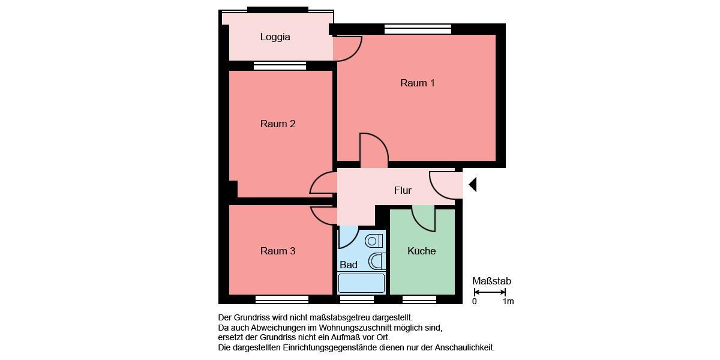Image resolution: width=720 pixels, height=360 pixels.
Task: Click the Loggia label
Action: point(275,37)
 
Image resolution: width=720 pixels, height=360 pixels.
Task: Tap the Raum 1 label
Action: point(417,83)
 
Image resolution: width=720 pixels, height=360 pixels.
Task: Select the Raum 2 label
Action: point(277,124)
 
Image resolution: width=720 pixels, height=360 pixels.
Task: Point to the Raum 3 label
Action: point(277,251)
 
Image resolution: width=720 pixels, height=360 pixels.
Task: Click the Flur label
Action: point(403,190)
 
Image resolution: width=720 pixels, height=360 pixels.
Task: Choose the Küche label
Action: point(421,251)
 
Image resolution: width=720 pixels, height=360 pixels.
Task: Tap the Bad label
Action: point(348,265)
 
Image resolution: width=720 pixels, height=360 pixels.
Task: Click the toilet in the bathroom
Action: point(374,241)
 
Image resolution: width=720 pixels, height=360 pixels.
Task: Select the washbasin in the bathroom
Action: point(377,261)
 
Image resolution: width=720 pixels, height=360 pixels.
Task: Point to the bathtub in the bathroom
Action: point(361,283)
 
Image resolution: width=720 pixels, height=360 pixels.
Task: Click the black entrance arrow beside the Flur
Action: point(472,184)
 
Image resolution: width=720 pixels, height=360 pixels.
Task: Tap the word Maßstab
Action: point(491,281)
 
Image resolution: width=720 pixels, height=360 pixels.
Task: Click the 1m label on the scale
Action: point(508,301)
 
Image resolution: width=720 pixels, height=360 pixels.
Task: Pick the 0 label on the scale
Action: point(474,301)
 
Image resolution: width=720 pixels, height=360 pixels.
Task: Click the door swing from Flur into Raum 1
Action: point(373,150)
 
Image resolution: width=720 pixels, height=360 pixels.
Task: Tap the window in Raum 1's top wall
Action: point(418,28)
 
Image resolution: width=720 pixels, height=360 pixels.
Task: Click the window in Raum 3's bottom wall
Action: point(282,299)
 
